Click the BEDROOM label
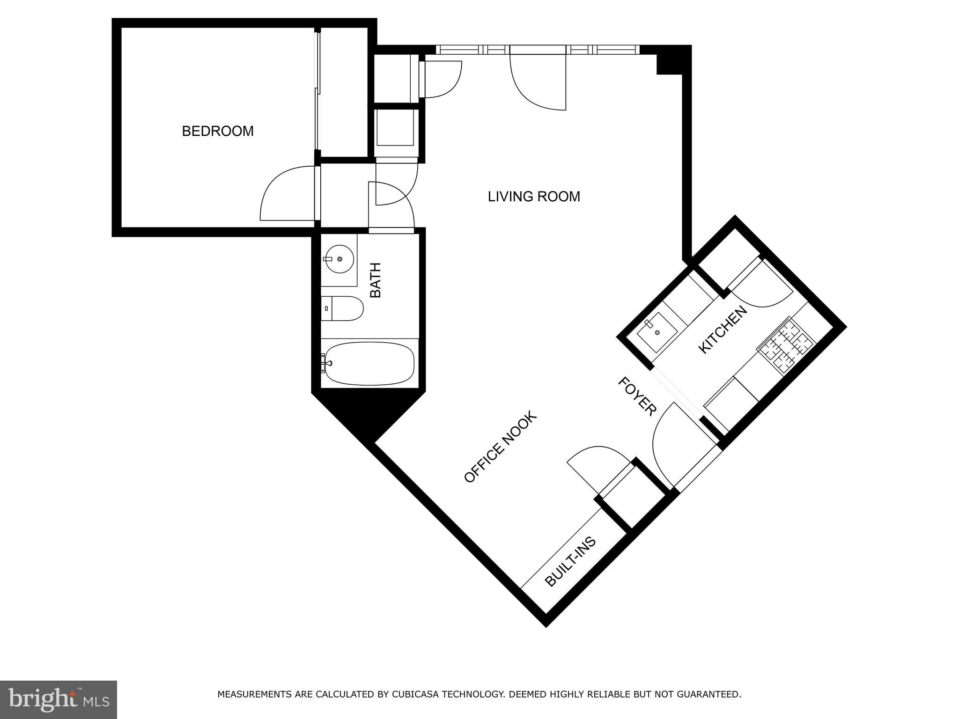click(218, 131)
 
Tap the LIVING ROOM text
click(534, 197)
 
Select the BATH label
click(376, 280)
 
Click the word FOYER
click(636, 396)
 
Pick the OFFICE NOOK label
click(499, 448)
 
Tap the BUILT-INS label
click(570, 561)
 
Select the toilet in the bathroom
click(344, 308)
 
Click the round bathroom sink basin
click(339, 258)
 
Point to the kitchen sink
click(657, 332)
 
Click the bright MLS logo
click(58, 699)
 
